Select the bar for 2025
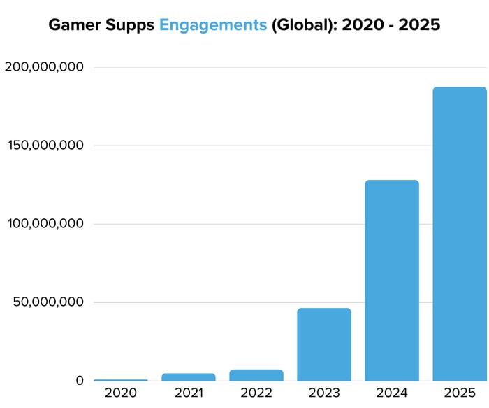click(x=460, y=234)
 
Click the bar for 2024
click(x=392, y=280)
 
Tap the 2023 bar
click(x=324, y=344)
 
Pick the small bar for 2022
click(x=256, y=375)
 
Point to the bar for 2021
click(x=189, y=377)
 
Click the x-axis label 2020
click(x=121, y=393)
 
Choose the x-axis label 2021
click(x=189, y=393)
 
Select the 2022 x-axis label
click(x=256, y=393)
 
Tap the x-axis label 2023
click(x=324, y=393)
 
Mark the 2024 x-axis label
click(x=392, y=393)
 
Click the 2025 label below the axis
click(x=460, y=393)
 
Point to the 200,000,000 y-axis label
click(x=44, y=67)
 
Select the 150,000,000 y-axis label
click(x=44, y=146)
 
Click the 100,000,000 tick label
click(x=44, y=224)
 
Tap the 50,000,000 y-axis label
click(x=48, y=302)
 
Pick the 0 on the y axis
click(x=80, y=381)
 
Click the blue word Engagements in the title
click(x=213, y=26)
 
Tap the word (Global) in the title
click(x=301, y=26)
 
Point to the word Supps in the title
click(x=133, y=26)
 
